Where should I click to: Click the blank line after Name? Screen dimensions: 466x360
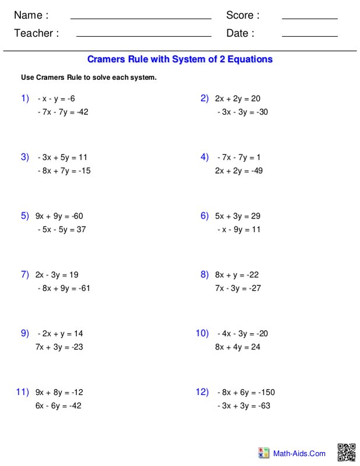coord(140,18)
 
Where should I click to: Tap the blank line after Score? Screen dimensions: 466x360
coord(309,18)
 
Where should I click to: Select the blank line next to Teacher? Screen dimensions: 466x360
coord(143,36)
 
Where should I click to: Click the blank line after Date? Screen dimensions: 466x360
coord(309,36)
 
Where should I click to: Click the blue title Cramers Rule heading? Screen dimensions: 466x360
coord(179,59)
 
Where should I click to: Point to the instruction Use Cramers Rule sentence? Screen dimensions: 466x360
coord(89,77)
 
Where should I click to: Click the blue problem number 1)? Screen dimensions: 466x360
coord(25,98)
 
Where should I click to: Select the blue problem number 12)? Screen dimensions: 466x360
coord(202,392)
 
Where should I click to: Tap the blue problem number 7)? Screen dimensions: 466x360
coord(25,274)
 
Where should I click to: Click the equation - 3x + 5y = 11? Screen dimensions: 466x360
coord(62,157)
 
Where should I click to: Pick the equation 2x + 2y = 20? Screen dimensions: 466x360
coord(238,98)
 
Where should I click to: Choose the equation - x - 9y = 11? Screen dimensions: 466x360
coord(239,230)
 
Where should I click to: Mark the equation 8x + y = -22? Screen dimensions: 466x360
coord(237,274)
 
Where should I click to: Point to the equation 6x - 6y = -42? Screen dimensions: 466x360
coord(58,406)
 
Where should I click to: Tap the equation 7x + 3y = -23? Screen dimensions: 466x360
coord(59,347)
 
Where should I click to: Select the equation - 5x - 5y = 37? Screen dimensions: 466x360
coord(61,230)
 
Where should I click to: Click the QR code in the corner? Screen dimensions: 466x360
coord(347,453)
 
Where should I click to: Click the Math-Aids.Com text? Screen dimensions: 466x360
coord(301,453)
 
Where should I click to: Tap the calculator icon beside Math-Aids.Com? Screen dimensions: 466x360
coord(264,453)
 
